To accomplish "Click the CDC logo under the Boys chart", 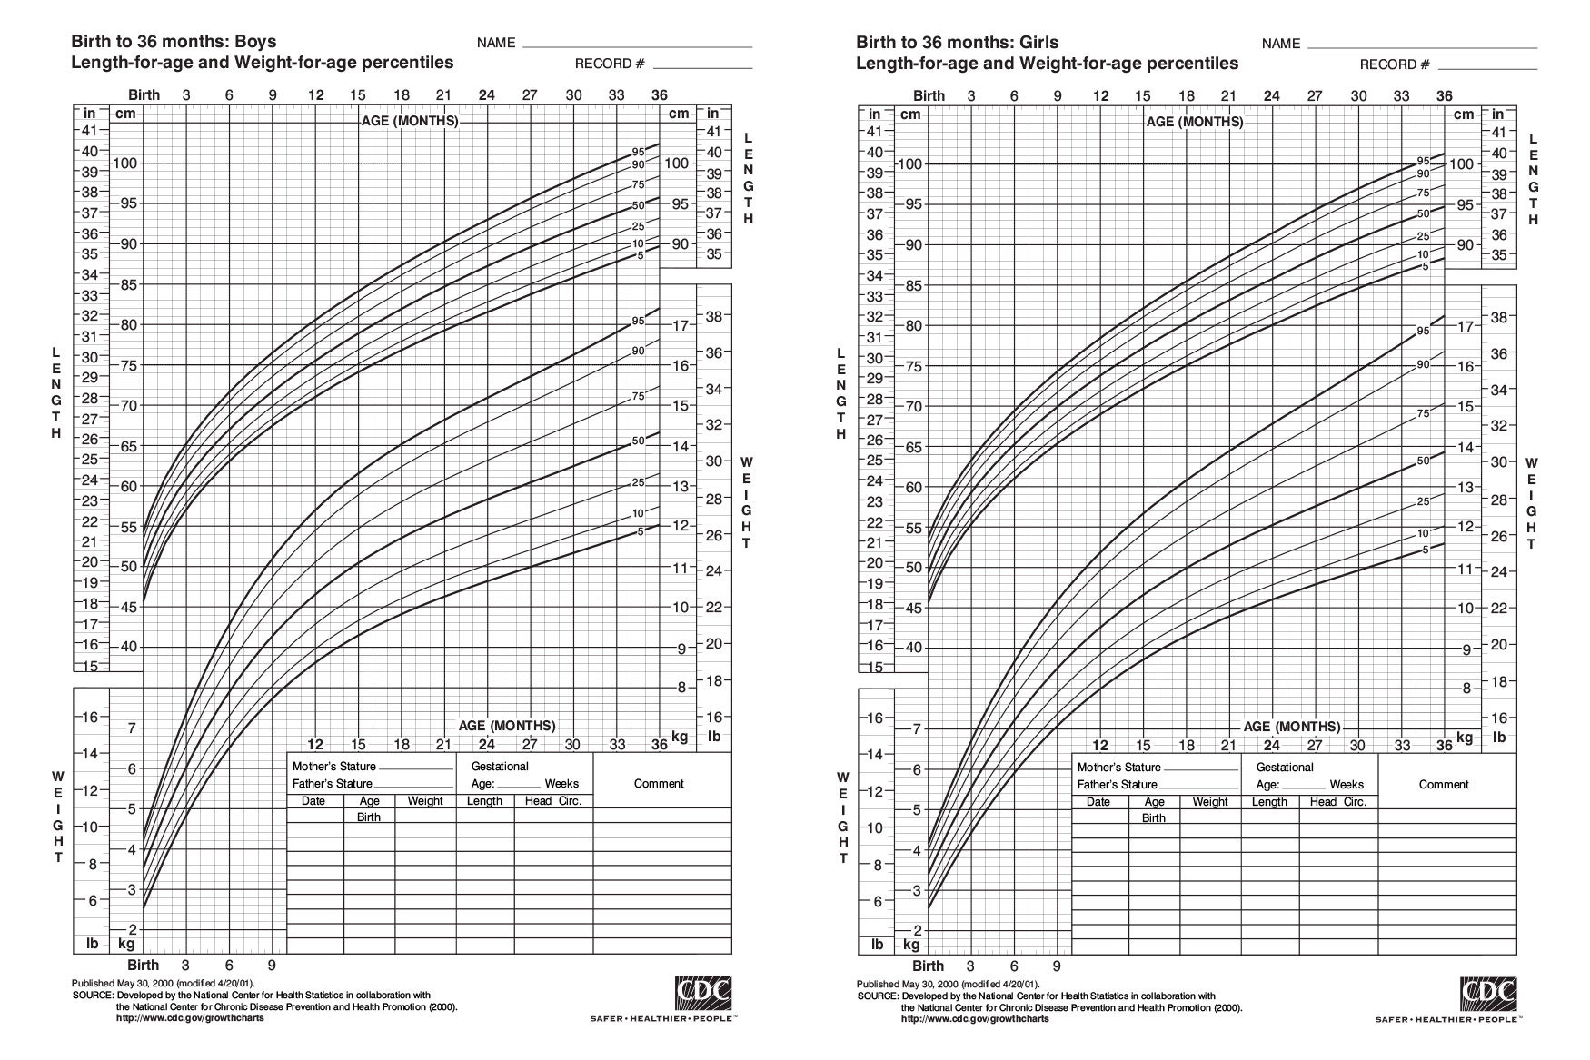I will click(x=703, y=993).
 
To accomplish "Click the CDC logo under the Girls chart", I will click(x=1488, y=994).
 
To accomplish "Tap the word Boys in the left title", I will click(x=256, y=42).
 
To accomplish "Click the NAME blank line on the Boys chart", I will click(x=637, y=45).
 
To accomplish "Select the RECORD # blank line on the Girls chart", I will click(x=1487, y=68).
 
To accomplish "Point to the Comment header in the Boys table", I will click(x=659, y=784).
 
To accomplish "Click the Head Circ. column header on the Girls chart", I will click(x=1337, y=802).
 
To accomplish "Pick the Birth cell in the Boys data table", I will click(x=369, y=817).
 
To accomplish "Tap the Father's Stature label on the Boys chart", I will click(x=332, y=784).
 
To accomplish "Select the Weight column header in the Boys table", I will click(x=425, y=801).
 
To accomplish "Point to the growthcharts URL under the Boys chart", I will click(x=191, y=1017).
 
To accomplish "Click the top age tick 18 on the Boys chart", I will click(x=401, y=95).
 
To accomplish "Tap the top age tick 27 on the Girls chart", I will click(x=1315, y=96).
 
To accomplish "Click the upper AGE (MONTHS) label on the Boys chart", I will click(x=410, y=121).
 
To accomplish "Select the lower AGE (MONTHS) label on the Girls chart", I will click(x=1291, y=727).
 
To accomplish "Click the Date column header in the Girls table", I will click(x=1098, y=802).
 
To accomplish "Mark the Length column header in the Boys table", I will click(x=484, y=801).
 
